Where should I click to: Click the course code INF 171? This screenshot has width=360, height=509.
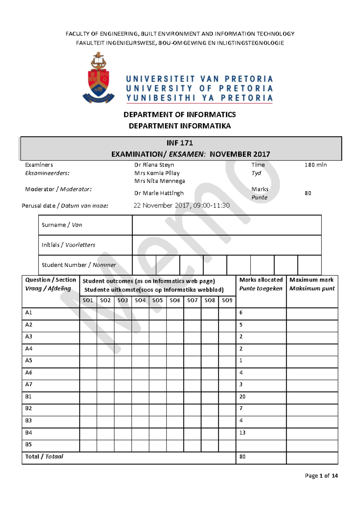[x=179, y=143]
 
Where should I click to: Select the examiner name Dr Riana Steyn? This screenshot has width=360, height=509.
[x=154, y=165]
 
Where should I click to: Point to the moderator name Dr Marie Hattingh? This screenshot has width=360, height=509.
[x=159, y=193]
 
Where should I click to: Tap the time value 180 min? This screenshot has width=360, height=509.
[x=315, y=165]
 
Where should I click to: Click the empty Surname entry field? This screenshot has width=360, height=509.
[x=226, y=225]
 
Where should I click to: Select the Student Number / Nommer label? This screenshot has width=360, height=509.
[x=79, y=265]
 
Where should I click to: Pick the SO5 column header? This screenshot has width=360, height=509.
[x=157, y=300]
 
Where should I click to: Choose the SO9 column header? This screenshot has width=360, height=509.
[x=227, y=300]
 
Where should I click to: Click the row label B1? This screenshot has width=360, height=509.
[x=28, y=397]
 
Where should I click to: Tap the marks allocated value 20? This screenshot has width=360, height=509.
[x=242, y=397]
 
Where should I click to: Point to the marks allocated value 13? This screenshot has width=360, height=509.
[x=242, y=433]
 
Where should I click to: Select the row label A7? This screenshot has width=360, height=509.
[x=28, y=384]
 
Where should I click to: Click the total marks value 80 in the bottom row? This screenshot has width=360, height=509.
[x=242, y=457]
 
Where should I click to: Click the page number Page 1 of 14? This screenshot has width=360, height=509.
[x=321, y=476]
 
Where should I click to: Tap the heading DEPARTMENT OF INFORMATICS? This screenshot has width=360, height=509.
[x=179, y=115]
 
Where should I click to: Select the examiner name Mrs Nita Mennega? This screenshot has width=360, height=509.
[x=159, y=181]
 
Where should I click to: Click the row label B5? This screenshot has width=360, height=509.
[x=28, y=444]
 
